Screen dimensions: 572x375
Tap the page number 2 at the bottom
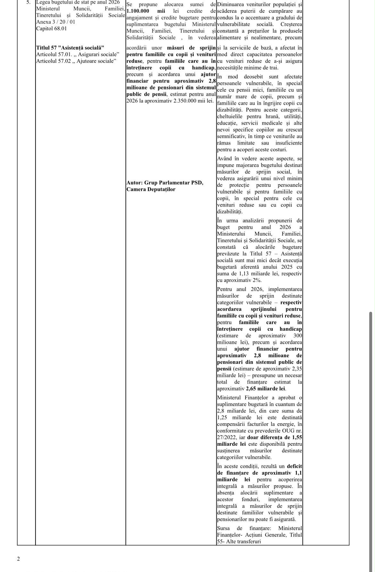pos(18,559)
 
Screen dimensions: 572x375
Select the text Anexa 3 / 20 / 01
pos(56,22)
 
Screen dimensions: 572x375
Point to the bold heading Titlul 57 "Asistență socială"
pos(70,48)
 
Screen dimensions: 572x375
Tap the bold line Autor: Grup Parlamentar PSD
pos(165,183)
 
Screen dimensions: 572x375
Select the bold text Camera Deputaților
pos(151,189)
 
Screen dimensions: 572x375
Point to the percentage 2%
pos(256,280)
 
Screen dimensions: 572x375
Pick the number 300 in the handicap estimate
pos(298,336)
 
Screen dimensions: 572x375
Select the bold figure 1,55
pos(297,437)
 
